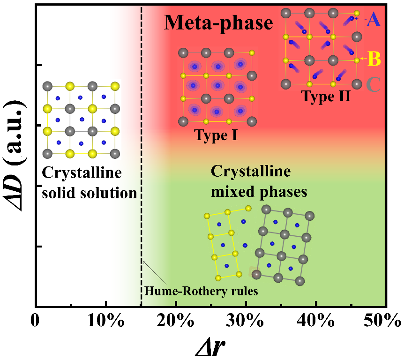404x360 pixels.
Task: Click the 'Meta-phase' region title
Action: point(218,22)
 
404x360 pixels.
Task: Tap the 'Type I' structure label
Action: point(216,135)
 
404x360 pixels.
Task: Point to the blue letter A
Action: point(374,19)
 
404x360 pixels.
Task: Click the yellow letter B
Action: point(374,60)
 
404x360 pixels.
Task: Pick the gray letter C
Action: point(374,84)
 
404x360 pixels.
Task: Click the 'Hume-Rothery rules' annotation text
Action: point(202,291)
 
